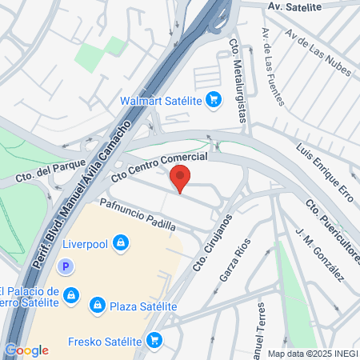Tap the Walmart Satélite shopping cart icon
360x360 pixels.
point(214,100)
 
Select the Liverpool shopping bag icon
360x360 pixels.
point(121,242)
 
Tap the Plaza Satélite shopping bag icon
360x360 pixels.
point(98,305)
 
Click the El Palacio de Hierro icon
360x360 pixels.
point(71,295)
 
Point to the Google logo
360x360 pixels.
point(26,350)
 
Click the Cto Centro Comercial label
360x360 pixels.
point(159,167)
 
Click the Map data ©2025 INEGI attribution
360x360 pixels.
point(313,353)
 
